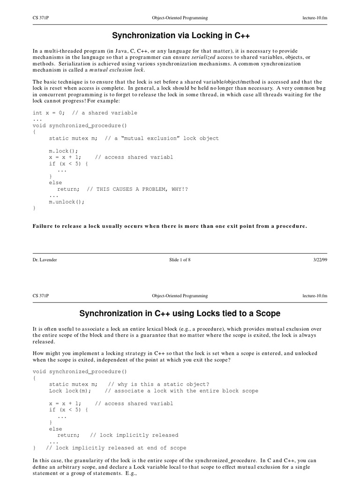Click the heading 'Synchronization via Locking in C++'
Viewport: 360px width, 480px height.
click(x=180, y=36)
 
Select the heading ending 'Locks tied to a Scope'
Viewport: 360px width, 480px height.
click(x=180, y=313)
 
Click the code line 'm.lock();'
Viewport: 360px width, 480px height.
click(x=64, y=151)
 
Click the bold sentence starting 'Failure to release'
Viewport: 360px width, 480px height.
click(x=170, y=226)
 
